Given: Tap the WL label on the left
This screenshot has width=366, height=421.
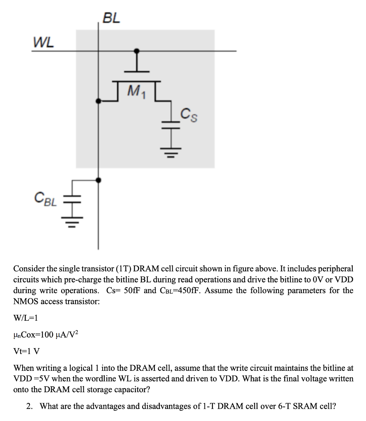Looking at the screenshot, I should (44, 42).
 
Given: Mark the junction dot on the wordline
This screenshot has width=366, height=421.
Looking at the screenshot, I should (137, 51).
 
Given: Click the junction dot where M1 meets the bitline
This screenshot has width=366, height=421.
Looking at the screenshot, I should (98, 101).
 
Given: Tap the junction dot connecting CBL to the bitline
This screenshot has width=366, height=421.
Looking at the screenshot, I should (98, 180).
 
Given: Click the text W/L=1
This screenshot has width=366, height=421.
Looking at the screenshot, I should (26, 318).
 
